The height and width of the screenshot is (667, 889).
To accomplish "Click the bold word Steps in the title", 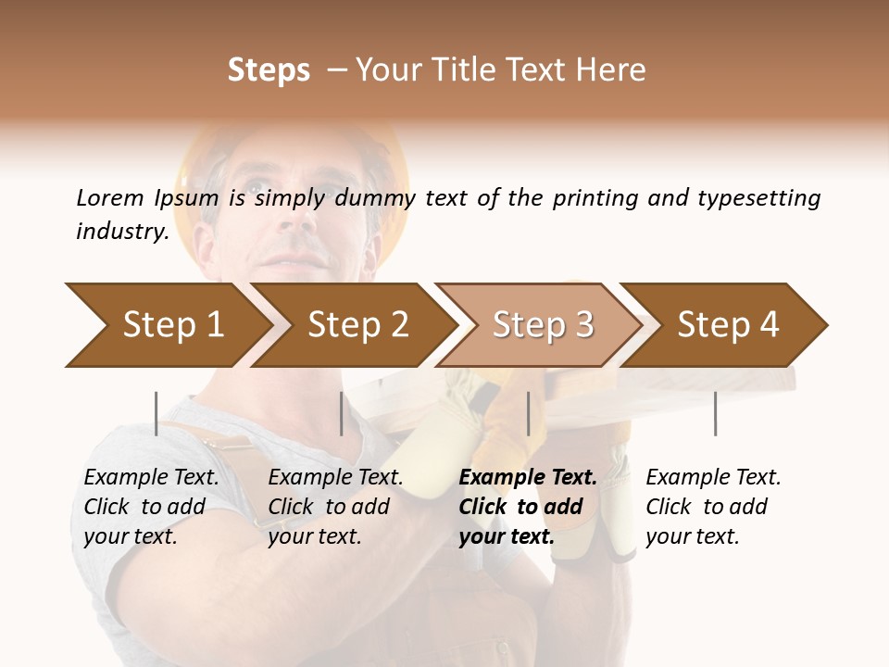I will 269,70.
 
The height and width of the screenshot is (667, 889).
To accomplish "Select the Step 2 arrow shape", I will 357,325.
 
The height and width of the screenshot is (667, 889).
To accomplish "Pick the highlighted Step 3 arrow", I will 543,325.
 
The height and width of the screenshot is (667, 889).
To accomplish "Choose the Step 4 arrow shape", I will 728,325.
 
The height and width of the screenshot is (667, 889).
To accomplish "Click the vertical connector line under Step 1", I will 157,413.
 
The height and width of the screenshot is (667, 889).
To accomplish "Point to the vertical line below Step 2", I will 342,413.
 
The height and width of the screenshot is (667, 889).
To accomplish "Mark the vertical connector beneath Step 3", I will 528,413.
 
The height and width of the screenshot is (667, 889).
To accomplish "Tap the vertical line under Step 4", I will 715,413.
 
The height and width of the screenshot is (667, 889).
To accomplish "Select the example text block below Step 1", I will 151,507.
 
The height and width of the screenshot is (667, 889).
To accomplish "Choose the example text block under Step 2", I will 335,507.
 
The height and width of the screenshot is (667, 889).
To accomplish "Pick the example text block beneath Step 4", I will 713,507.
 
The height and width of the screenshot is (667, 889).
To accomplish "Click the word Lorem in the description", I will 110,198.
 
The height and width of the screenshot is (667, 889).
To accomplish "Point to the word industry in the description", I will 121,232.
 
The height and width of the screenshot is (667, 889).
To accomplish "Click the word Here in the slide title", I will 611,70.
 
